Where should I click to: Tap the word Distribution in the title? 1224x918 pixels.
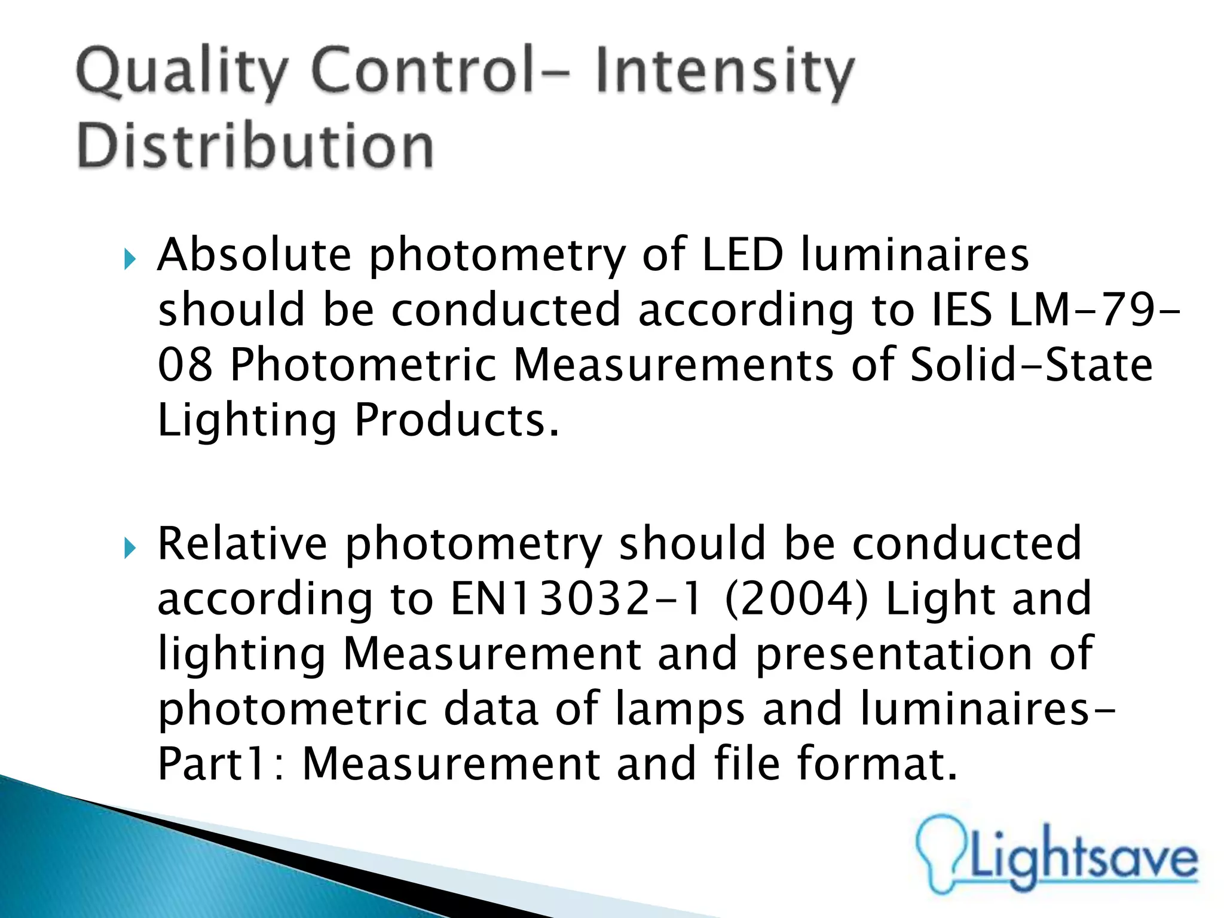(255, 146)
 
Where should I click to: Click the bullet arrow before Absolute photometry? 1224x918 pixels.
(130, 259)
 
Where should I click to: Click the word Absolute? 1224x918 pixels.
(255, 255)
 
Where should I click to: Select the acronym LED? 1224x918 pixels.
(742, 255)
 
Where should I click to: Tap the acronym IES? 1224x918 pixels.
(961, 310)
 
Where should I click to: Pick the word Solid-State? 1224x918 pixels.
(1031, 365)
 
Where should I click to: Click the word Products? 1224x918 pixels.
(457, 420)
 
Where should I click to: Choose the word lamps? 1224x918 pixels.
(679, 709)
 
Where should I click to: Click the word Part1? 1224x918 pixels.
(221, 764)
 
